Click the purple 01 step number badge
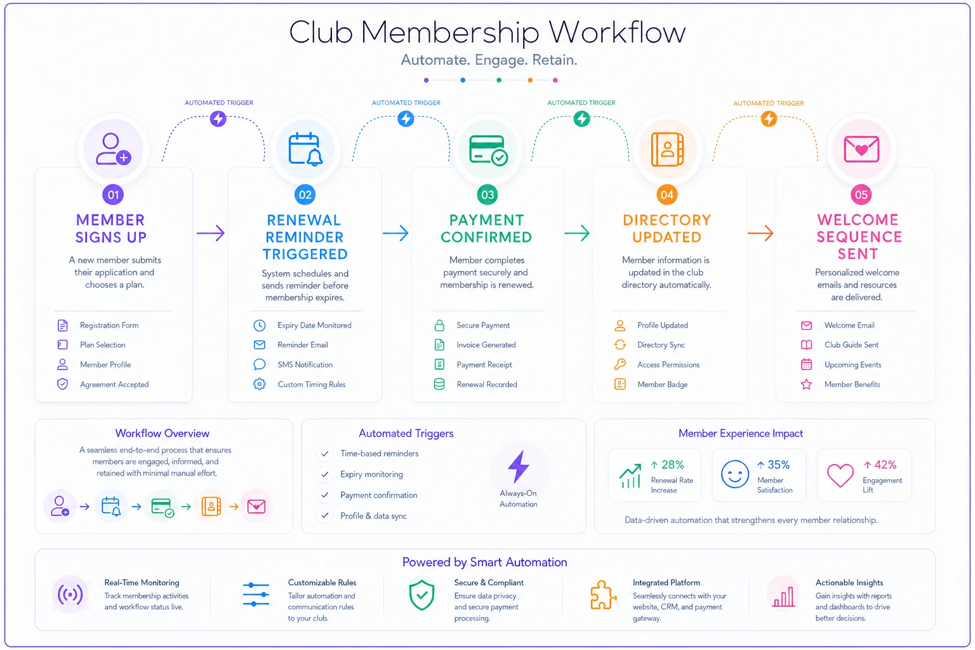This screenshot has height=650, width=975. click(113, 195)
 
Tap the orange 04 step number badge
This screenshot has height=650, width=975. click(667, 195)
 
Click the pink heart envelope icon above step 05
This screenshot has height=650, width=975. click(861, 149)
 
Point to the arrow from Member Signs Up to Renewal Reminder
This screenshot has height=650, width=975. click(211, 234)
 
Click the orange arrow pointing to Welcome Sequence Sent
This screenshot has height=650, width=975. click(760, 234)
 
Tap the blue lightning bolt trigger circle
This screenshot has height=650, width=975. click(406, 119)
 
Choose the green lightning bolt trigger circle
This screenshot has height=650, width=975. click(581, 119)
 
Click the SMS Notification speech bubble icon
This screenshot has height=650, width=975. click(260, 364)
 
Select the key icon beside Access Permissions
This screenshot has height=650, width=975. click(620, 364)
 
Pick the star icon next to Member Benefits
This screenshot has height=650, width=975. click(806, 385)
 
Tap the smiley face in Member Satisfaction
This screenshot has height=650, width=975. click(734, 474)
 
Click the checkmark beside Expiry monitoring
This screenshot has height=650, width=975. click(325, 475)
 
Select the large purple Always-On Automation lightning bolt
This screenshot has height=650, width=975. click(519, 467)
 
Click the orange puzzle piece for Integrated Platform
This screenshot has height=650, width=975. click(603, 595)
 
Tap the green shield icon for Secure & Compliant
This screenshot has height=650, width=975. click(421, 595)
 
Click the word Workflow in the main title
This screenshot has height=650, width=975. click(617, 32)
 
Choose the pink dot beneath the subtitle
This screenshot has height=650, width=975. click(555, 80)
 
